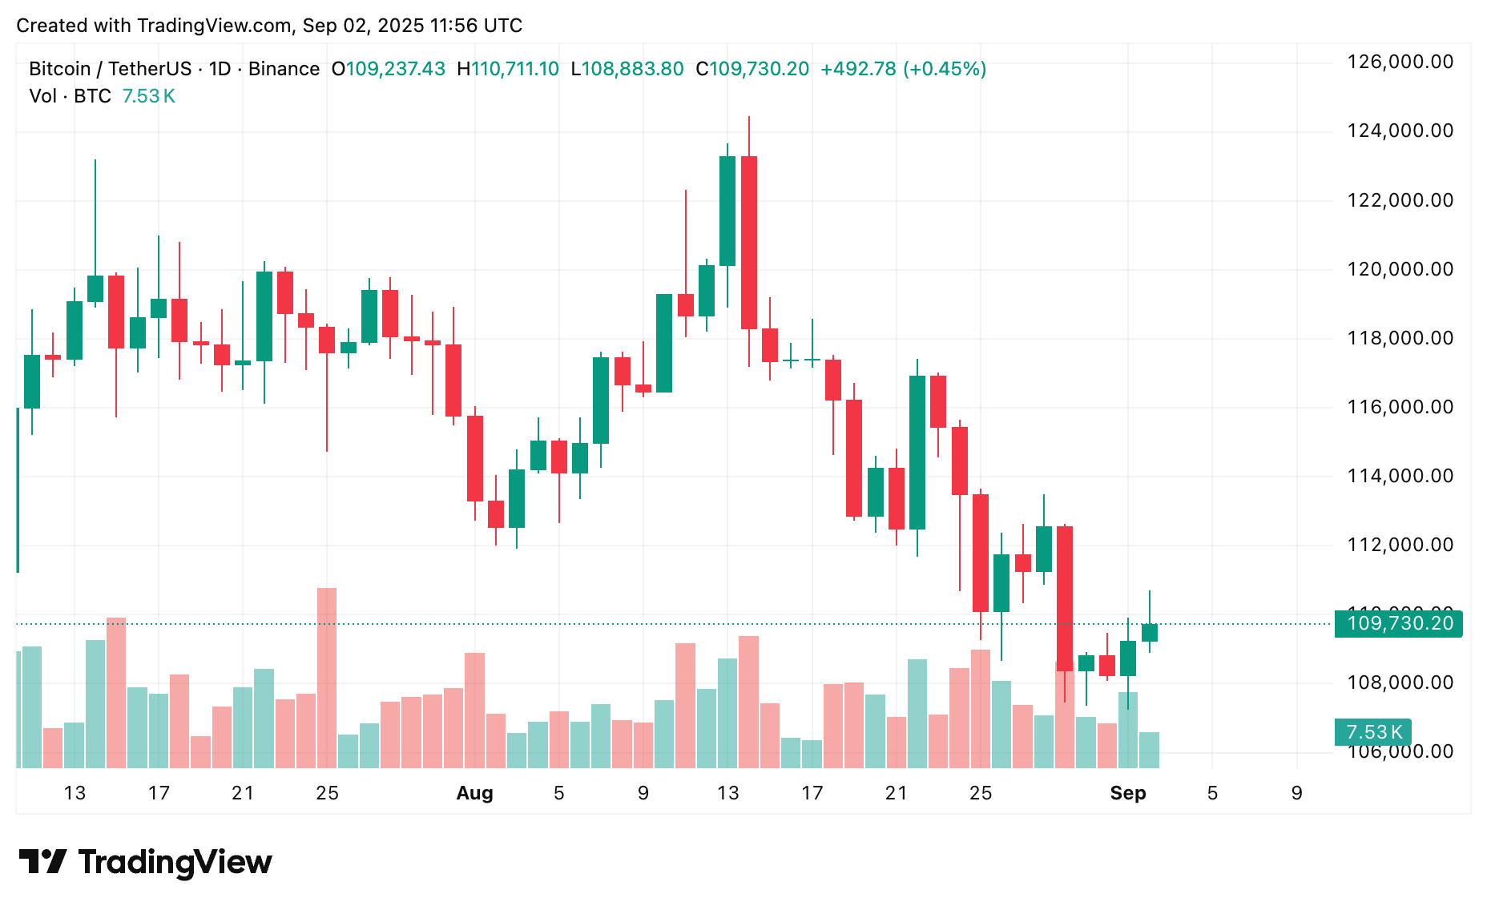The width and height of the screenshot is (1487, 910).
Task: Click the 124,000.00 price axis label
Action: [x=1400, y=131]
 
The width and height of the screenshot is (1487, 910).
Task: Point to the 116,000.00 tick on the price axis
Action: [x=1400, y=407]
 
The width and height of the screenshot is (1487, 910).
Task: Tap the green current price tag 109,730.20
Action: [x=1398, y=623]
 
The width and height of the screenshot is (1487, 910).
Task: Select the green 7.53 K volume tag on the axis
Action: [x=1372, y=732]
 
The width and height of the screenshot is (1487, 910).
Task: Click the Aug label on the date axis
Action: [x=474, y=793]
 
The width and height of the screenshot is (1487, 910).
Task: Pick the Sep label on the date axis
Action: [x=1127, y=793]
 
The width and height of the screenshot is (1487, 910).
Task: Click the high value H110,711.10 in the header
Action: [x=508, y=69]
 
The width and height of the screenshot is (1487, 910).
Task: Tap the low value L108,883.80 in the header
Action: [x=627, y=69]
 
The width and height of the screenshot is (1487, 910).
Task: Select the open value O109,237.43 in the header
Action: [x=389, y=69]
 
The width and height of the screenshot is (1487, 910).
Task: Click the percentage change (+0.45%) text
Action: [x=945, y=69]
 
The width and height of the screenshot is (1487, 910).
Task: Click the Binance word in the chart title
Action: [x=284, y=69]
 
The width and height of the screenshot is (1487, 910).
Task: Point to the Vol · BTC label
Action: [x=71, y=96]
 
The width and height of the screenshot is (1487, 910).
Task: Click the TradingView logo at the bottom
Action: [x=146, y=862]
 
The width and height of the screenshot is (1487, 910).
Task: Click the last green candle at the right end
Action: [x=1149, y=632]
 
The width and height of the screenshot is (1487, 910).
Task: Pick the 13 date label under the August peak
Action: [x=727, y=793]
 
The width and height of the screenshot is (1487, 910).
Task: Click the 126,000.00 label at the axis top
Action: [x=1400, y=62]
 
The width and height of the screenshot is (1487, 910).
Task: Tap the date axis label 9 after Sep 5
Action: [x=1296, y=793]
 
